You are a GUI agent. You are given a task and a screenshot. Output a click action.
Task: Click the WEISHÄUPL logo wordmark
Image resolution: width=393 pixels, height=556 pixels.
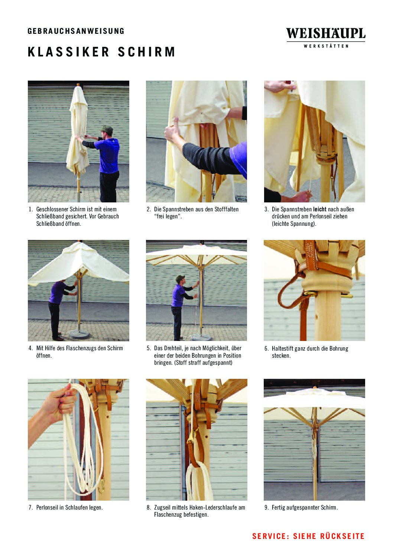pos(326,33)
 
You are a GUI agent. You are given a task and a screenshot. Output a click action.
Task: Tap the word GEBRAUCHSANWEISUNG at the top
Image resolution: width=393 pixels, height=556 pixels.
pos(76,31)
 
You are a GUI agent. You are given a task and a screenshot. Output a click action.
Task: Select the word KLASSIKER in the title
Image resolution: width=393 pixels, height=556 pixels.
pos(68,52)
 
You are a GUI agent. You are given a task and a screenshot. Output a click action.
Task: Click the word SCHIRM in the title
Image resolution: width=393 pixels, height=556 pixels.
pos(146,52)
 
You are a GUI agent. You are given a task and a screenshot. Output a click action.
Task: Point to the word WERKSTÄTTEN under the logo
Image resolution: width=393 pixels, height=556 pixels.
pos(326,46)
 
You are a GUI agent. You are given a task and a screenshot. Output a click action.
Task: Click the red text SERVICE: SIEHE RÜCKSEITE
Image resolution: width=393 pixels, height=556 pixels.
pos(308,536)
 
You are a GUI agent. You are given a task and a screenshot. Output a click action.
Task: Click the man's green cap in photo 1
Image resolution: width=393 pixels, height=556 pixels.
pos(107,129)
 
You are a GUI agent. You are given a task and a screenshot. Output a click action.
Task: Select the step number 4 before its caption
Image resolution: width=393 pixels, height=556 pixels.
pos(30,348)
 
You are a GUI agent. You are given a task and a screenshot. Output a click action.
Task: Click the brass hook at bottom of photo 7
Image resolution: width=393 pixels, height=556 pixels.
pos(101,488)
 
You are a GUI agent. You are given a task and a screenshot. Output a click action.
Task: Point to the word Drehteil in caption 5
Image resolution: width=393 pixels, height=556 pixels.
pos(173,348)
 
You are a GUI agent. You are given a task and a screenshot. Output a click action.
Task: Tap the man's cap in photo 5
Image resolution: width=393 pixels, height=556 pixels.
pos(180,278)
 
